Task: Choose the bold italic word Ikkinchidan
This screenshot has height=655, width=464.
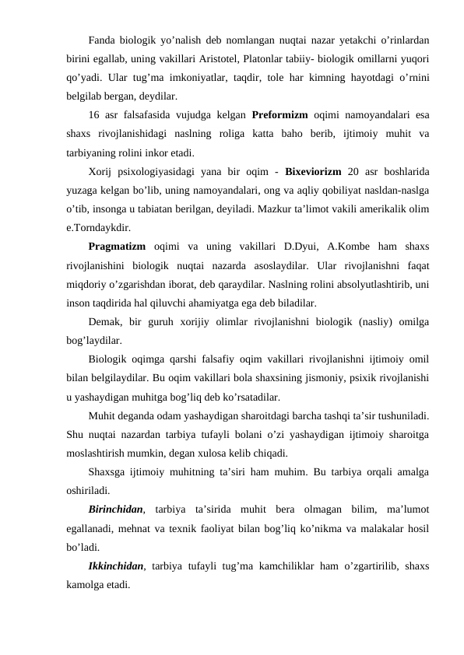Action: click(118, 567)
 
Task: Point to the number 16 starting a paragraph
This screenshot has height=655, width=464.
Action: click(95, 117)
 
